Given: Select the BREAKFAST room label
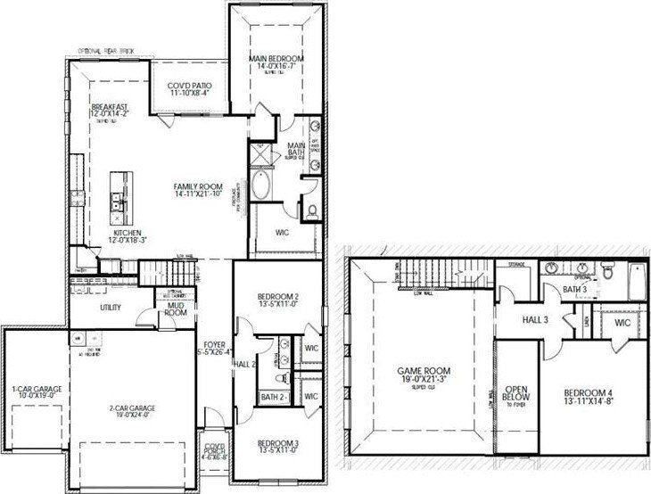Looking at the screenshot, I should click(x=108, y=110).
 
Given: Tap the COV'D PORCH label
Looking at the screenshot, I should click(x=214, y=450).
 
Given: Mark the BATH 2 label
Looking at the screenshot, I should click(x=272, y=397).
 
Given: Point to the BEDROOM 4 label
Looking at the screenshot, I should click(x=590, y=397).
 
